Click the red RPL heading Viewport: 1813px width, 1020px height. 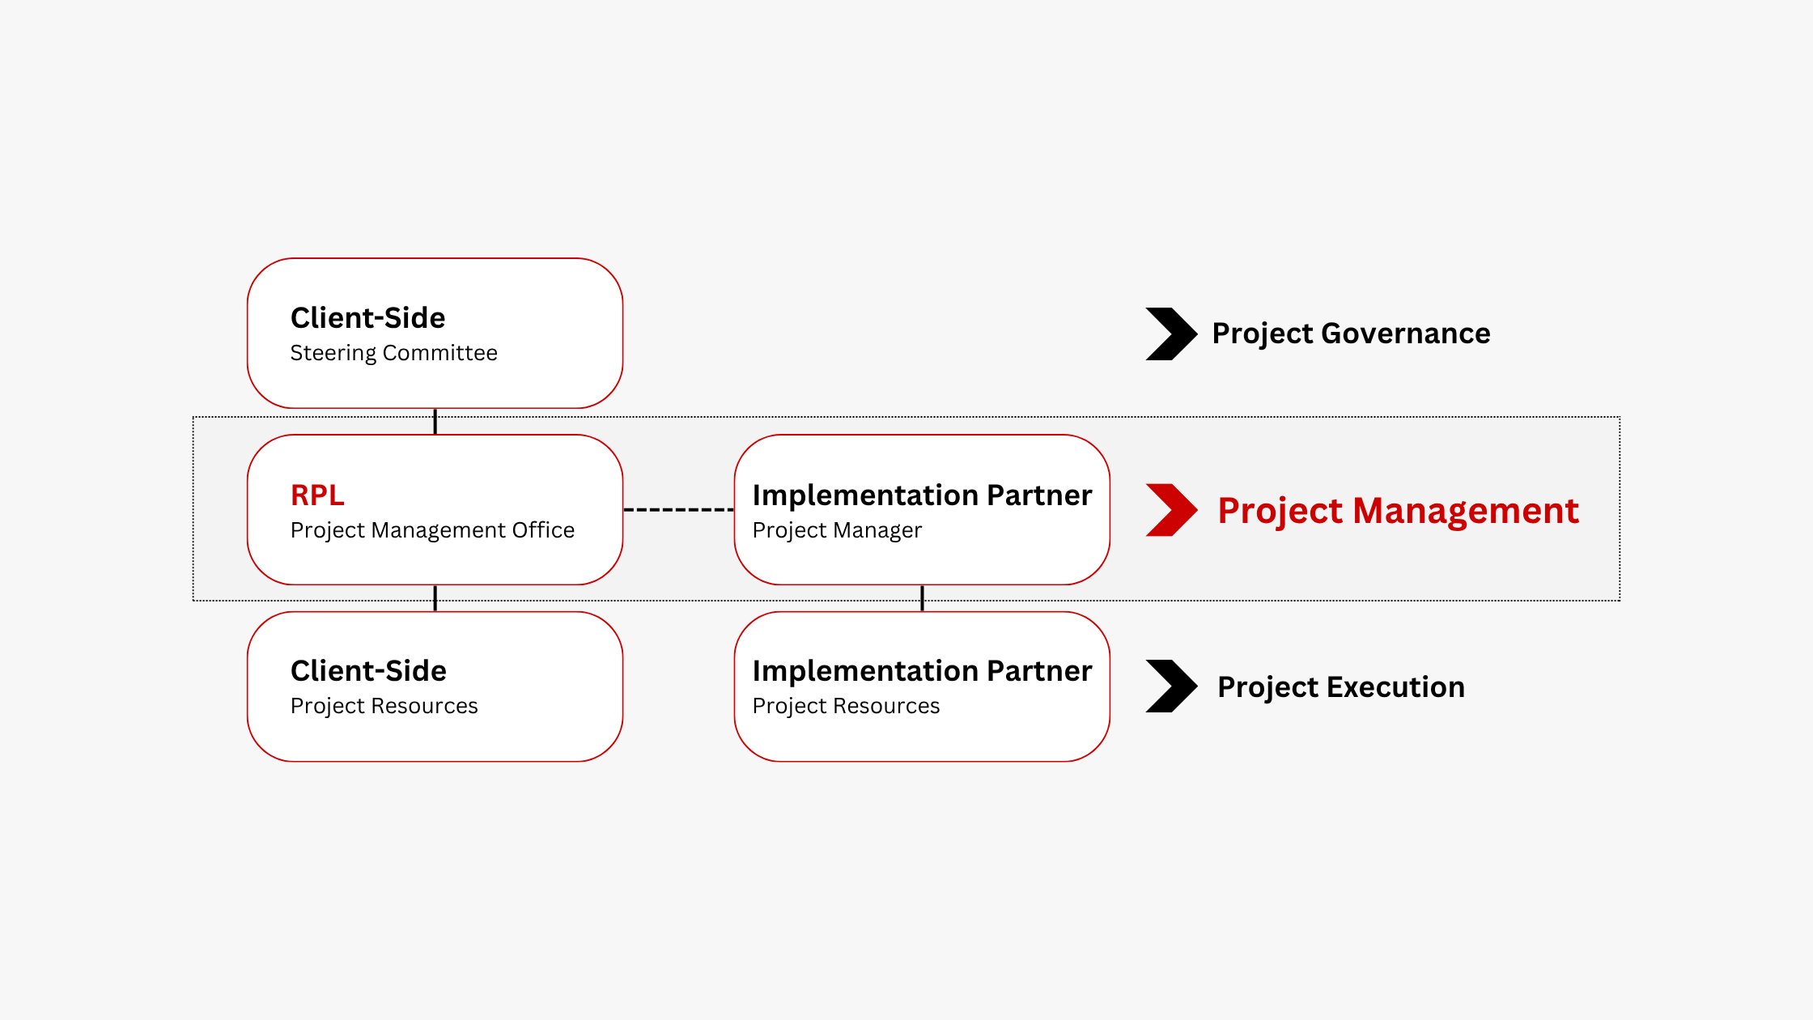tap(317, 495)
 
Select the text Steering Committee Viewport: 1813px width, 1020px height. tap(393, 353)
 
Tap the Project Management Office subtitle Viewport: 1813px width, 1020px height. tap(432, 530)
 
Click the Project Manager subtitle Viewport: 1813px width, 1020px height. tap(837, 530)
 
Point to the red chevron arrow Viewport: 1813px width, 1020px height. tap(1170, 510)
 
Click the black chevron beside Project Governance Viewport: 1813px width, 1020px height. tap(1170, 334)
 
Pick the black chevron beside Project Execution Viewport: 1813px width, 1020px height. tap(1170, 686)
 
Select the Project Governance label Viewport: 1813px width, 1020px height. tap(1351, 334)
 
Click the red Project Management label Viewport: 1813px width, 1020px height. tap(1398, 511)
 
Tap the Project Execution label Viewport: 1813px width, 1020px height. tap(1341, 687)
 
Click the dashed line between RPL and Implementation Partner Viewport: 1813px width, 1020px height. tap(678, 510)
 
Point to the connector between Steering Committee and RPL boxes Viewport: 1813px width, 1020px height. tap(435, 421)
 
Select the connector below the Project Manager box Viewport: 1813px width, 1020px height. tap(922, 597)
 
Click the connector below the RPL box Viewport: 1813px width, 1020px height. tap(435, 597)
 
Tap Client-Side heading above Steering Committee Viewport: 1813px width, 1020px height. tap(367, 318)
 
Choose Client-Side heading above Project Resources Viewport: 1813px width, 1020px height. tap(368, 671)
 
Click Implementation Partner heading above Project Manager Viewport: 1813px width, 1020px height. tap(922, 495)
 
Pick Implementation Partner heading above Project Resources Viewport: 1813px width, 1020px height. tap(922, 671)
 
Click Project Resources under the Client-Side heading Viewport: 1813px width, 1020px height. tap(384, 706)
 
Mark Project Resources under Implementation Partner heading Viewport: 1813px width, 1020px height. tap(846, 706)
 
